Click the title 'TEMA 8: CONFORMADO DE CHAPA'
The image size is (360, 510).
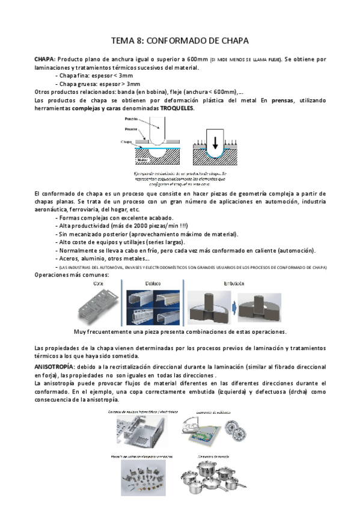[x=180, y=41]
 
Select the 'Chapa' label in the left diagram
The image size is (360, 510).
[x=126, y=143]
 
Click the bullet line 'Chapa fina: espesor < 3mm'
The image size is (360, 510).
[x=94, y=76]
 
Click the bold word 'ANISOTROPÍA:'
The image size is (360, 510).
[x=55, y=366]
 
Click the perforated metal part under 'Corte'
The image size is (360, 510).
[x=100, y=306]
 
